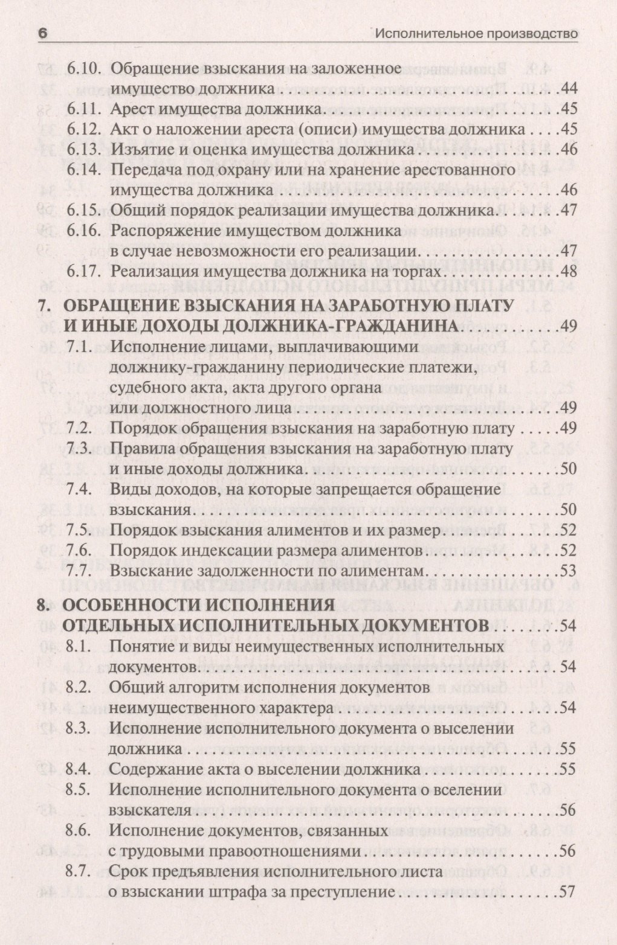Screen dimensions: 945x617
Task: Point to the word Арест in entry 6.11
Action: [130, 109]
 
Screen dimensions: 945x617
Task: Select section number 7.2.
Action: [78, 428]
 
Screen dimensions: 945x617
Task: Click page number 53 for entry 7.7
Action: [569, 570]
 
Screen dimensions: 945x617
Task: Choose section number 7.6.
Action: [78, 550]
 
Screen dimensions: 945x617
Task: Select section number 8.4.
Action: [78, 770]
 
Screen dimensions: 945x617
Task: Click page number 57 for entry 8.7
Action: [569, 892]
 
